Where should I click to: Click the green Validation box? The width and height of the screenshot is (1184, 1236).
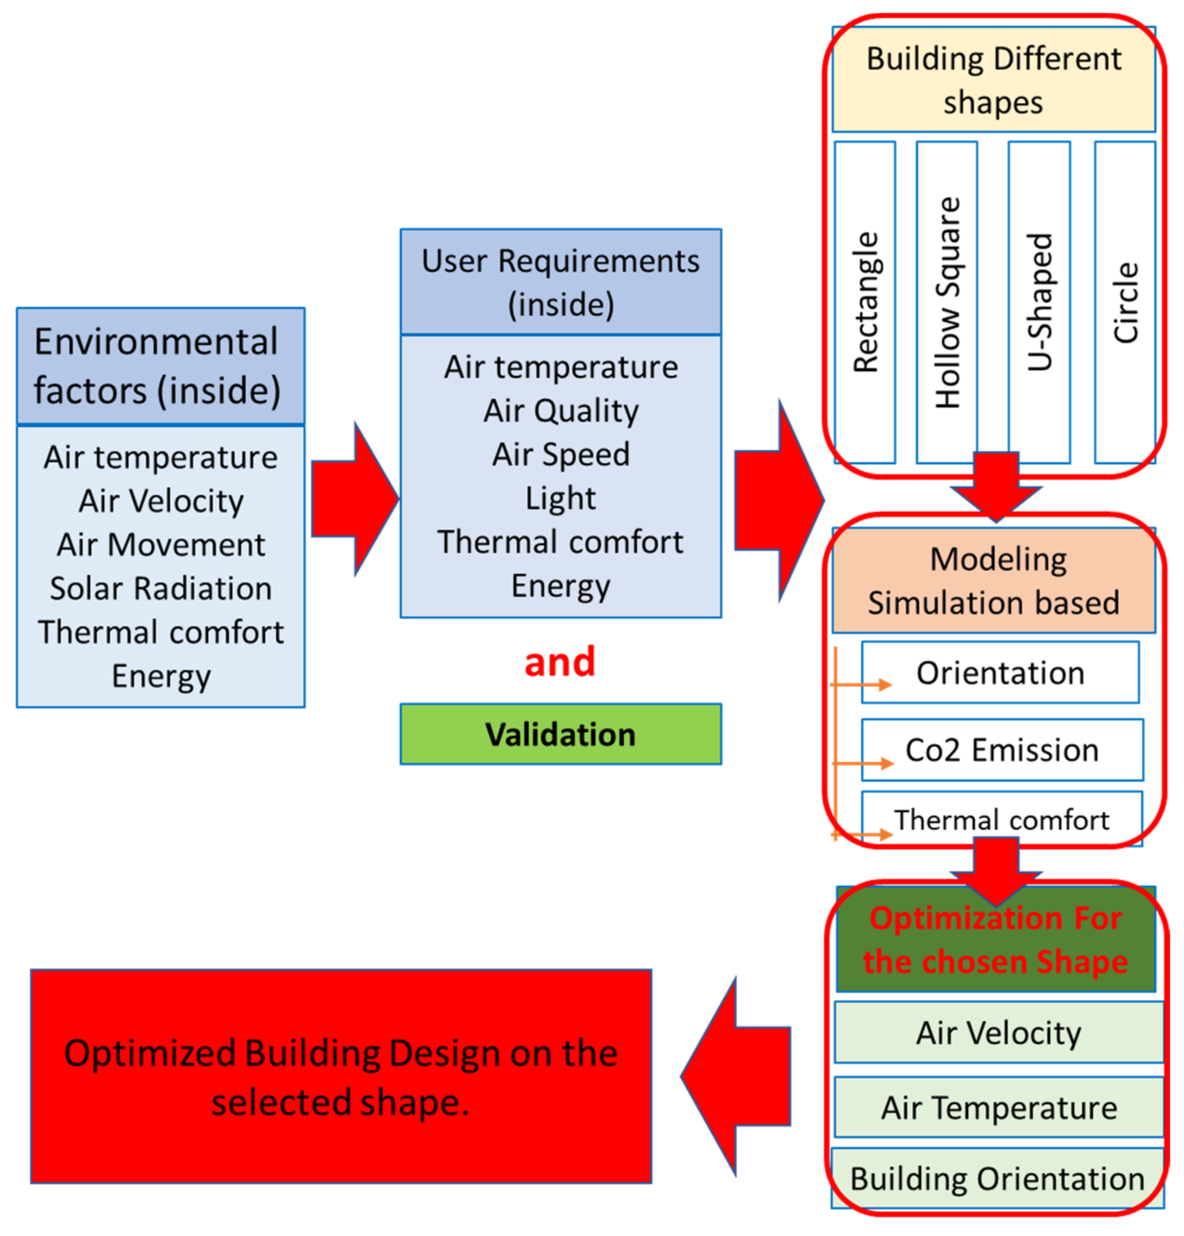coord(560,734)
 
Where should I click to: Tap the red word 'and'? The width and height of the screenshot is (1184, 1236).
coord(560,662)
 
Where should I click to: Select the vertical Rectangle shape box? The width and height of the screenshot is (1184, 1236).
coord(865,303)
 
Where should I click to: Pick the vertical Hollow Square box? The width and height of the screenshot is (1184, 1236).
coord(946,303)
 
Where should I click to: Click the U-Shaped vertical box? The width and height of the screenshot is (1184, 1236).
coord(1038,303)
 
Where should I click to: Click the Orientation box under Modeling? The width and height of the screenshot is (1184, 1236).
coord(999,672)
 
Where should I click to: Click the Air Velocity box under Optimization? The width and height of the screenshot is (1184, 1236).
coord(998,1032)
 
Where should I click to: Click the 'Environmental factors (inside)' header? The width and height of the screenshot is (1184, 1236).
coord(160,366)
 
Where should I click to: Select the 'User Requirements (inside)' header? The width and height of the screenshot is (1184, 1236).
coord(560,282)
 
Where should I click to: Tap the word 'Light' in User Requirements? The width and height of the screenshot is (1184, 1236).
coord(560,498)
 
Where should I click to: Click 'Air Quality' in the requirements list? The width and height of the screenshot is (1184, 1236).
coord(560,411)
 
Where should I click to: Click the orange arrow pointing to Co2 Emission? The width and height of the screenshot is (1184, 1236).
coord(864,764)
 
